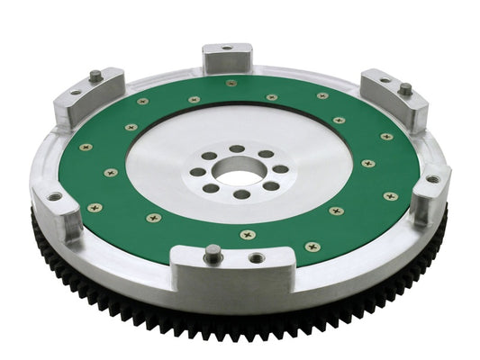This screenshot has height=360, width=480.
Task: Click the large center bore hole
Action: [x=237, y=169]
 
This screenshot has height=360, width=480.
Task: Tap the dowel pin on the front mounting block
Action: [x=212, y=253]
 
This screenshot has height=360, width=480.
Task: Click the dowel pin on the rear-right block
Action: [x=406, y=88]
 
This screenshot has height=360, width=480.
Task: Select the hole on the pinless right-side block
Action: [x=432, y=178]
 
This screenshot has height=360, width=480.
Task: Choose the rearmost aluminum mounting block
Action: [x=225, y=58]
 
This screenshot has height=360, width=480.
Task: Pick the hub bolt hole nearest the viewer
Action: [x=241, y=193]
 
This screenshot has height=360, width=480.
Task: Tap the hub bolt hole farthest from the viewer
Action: [x=236, y=148]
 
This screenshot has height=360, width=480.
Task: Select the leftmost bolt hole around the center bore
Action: [x=197, y=172]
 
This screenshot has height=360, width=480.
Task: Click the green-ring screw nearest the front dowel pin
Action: [x=247, y=234]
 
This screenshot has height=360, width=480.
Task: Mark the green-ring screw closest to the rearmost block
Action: [x=231, y=84]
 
